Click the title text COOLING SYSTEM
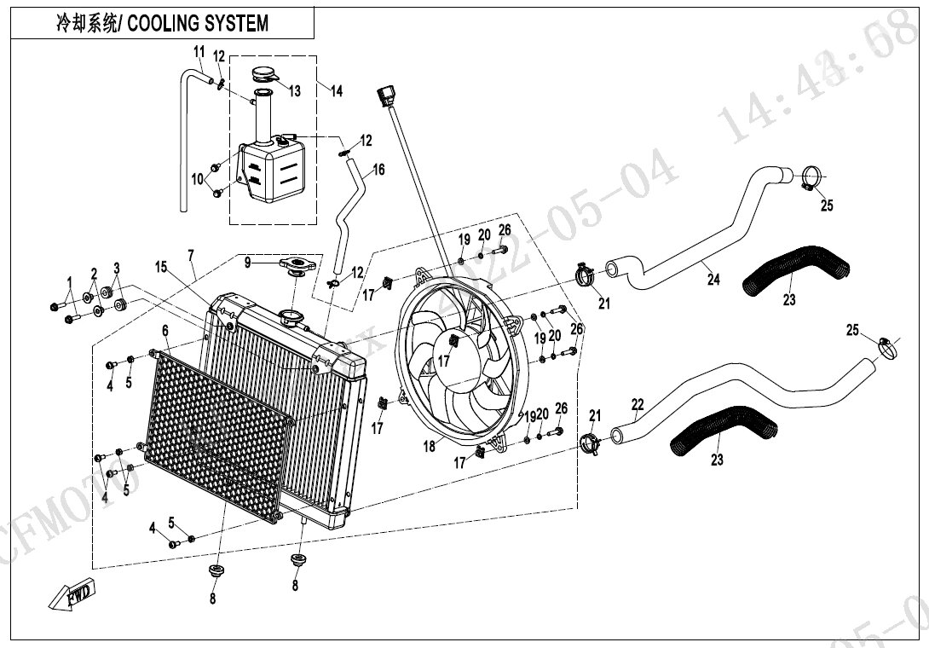point(199,22)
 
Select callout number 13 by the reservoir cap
point(294,91)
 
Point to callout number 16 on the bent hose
point(378,170)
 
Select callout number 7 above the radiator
point(191,255)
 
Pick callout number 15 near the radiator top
point(160,267)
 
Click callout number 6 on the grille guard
point(165,330)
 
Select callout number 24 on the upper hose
point(713,279)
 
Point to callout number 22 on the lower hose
point(638,404)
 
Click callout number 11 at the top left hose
point(199,50)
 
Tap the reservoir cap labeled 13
point(264,77)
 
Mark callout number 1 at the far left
point(69,282)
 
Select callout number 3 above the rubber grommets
point(117,269)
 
